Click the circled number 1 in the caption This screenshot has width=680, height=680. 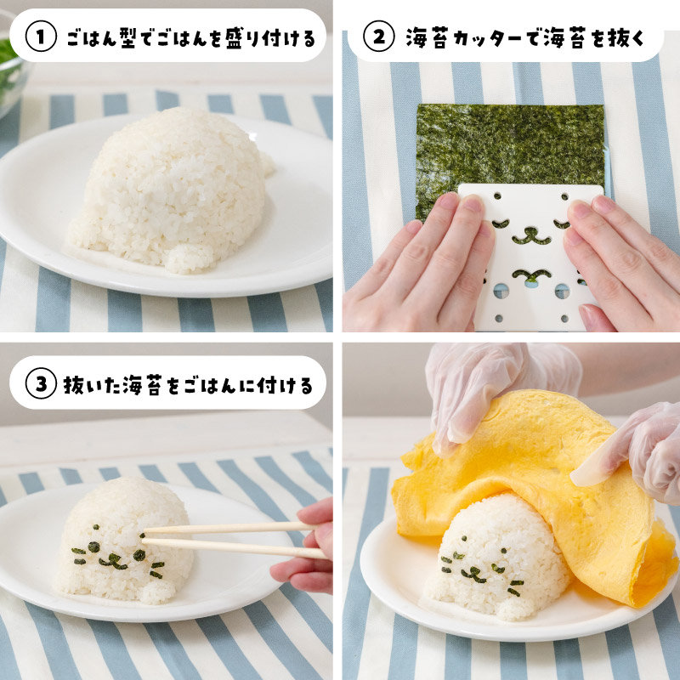41,37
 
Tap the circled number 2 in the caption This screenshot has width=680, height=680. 378,37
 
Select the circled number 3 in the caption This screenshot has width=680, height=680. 41,383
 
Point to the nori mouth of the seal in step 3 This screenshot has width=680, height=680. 114,561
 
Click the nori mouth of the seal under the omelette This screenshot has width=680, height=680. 473,575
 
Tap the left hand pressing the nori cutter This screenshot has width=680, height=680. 416,264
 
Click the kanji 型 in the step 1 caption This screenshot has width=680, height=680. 128,37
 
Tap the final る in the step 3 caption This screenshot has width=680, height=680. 305,386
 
